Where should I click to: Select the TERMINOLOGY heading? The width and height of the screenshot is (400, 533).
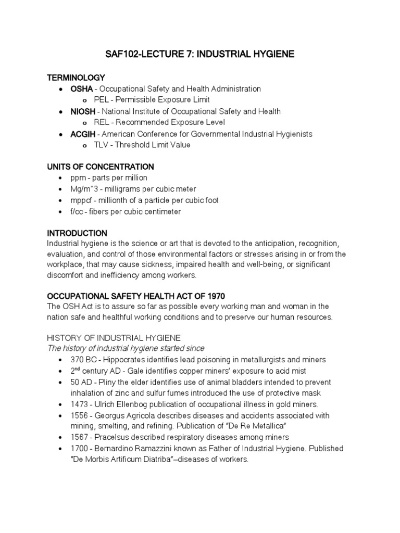[x=76, y=78]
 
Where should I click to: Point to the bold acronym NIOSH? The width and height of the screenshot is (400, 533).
[x=83, y=111]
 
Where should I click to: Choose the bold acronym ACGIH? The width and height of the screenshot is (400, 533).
[x=83, y=134]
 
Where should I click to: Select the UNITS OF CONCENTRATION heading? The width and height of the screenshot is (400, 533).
[x=101, y=167]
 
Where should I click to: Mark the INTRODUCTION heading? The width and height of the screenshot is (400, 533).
[x=77, y=233]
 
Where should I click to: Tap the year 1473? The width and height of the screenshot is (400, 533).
[x=80, y=404]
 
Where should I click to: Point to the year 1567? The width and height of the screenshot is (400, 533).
[x=80, y=437]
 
